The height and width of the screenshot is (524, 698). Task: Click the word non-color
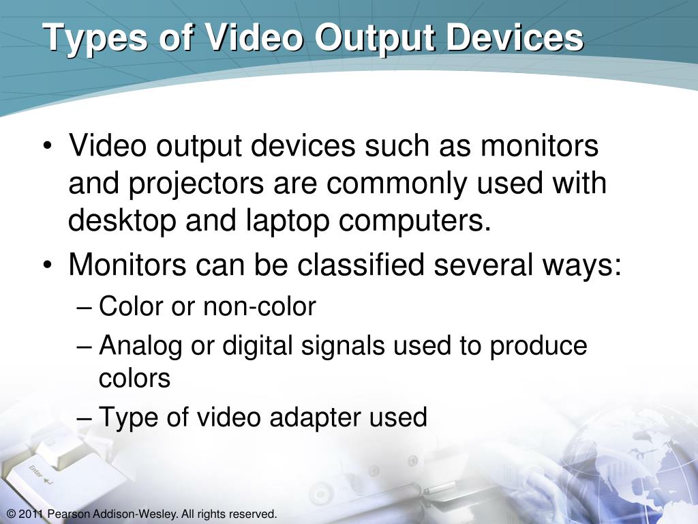(x=259, y=307)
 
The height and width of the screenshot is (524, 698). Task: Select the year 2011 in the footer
(x=31, y=514)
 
